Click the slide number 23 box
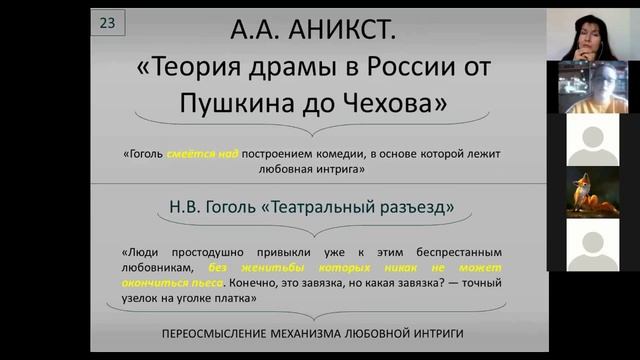107,23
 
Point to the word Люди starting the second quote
144,253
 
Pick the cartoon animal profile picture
593,192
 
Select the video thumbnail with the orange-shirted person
593,87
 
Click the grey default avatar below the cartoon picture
593,244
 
